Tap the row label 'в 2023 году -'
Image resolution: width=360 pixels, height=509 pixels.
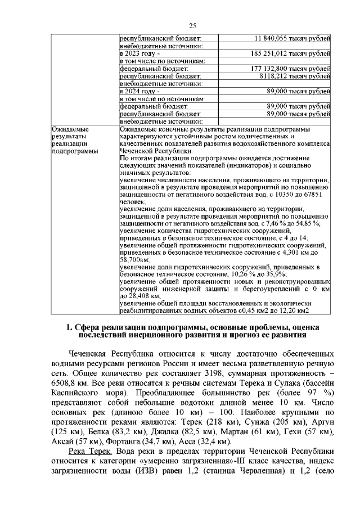click(x=139, y=53)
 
